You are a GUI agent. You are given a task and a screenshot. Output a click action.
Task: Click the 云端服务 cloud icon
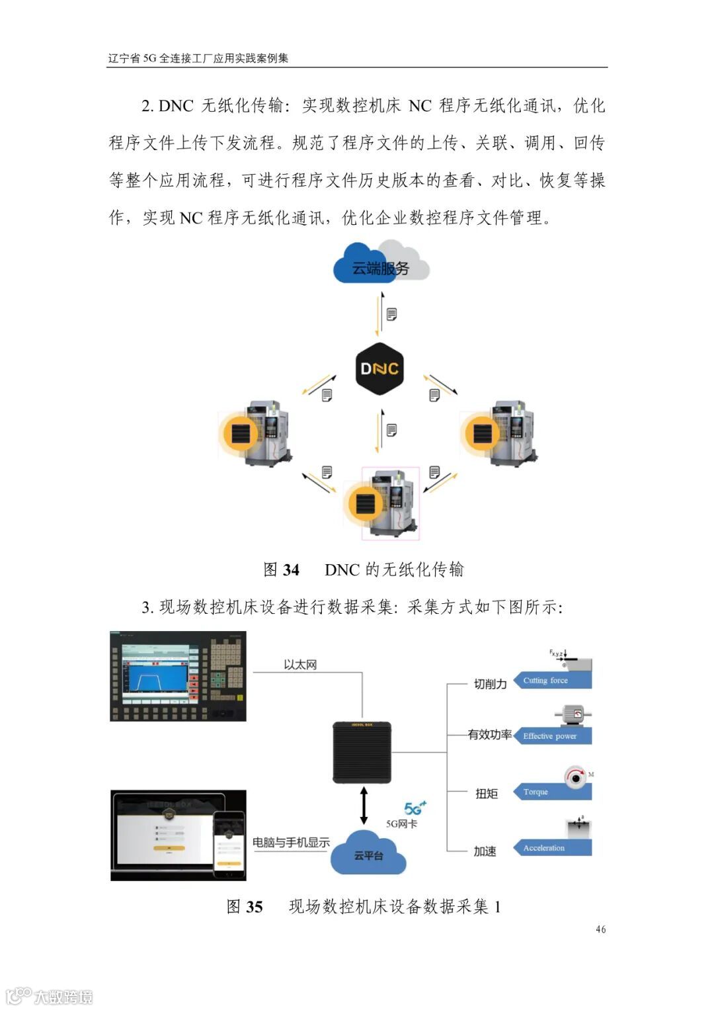coord(380,265)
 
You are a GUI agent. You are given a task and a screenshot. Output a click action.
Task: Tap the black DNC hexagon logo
coord(379,368)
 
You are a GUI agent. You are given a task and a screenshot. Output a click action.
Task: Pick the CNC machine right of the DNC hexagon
coord(498,433)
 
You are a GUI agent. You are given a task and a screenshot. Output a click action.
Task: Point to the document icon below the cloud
coord(392,314)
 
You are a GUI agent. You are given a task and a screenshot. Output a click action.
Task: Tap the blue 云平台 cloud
coord(368,855)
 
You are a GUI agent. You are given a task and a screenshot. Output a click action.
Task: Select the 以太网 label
coord(300,665)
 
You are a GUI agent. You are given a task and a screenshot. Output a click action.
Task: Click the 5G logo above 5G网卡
coord(415,808)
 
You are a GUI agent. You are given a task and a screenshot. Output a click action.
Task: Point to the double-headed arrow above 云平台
coord(363,805)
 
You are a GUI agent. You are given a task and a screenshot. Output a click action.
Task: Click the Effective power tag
coord(553,736)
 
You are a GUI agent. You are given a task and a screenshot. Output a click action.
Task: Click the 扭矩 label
coord(487,793)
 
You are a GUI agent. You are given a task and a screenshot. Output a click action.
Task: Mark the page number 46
coord(600,929)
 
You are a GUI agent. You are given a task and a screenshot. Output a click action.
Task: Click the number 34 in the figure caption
coord(291,569)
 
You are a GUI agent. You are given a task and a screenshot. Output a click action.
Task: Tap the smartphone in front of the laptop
coord(229,844)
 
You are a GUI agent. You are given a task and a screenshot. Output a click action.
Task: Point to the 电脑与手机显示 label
coord(291,843)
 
